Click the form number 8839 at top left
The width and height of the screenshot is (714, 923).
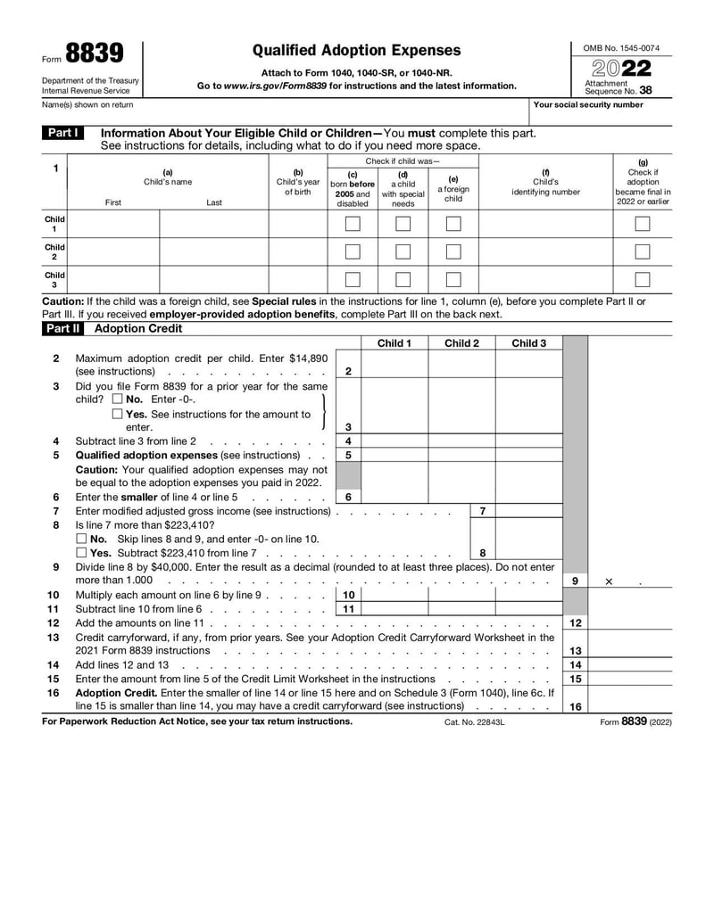click(94, 54)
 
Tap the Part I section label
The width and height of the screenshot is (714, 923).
click(63, 133)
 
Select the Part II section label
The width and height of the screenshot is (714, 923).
click(63, 328)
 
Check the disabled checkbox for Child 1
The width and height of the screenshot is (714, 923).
click(353, 224)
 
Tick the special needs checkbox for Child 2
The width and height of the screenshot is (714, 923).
click(403, 251)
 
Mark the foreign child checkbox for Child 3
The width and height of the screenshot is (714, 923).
click(453, 279)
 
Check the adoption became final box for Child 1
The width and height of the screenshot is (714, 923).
click(642, 224)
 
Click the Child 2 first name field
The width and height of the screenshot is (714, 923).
click(113, 251)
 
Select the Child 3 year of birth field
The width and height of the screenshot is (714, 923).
click(298, 279)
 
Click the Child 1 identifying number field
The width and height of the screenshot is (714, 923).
click(545, 224)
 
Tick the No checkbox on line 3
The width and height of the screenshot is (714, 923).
click(118, 400)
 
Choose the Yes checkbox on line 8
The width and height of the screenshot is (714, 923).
click(82, 554)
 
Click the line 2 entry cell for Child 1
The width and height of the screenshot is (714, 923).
click(394, 365)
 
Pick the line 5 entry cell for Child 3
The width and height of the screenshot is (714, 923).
click(528, 456)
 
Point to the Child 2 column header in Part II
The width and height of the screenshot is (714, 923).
click(461, 343)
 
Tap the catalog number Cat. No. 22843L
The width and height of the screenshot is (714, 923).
click(474, 722)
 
